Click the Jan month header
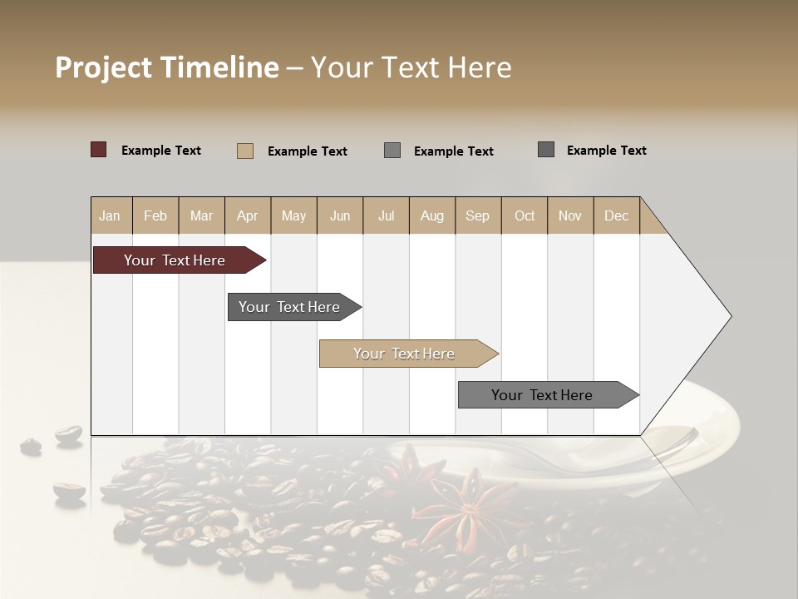(x=110, y=215)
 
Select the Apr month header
(x=247, y=215)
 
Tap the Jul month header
(x=386, y=215)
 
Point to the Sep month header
(x=477, y=215)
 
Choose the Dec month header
(x=616, y=215)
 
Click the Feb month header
(x=155, y=215)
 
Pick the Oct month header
(x=525, y=215)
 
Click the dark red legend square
(x=99, y=150)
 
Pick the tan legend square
(x=245, y=151)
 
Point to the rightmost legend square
(x=546, y=150)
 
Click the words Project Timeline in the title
(x=167, y=67)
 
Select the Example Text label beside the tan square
(x=307, y=151)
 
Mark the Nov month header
(x=570, y=215)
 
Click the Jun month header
(x=340, y=215)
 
